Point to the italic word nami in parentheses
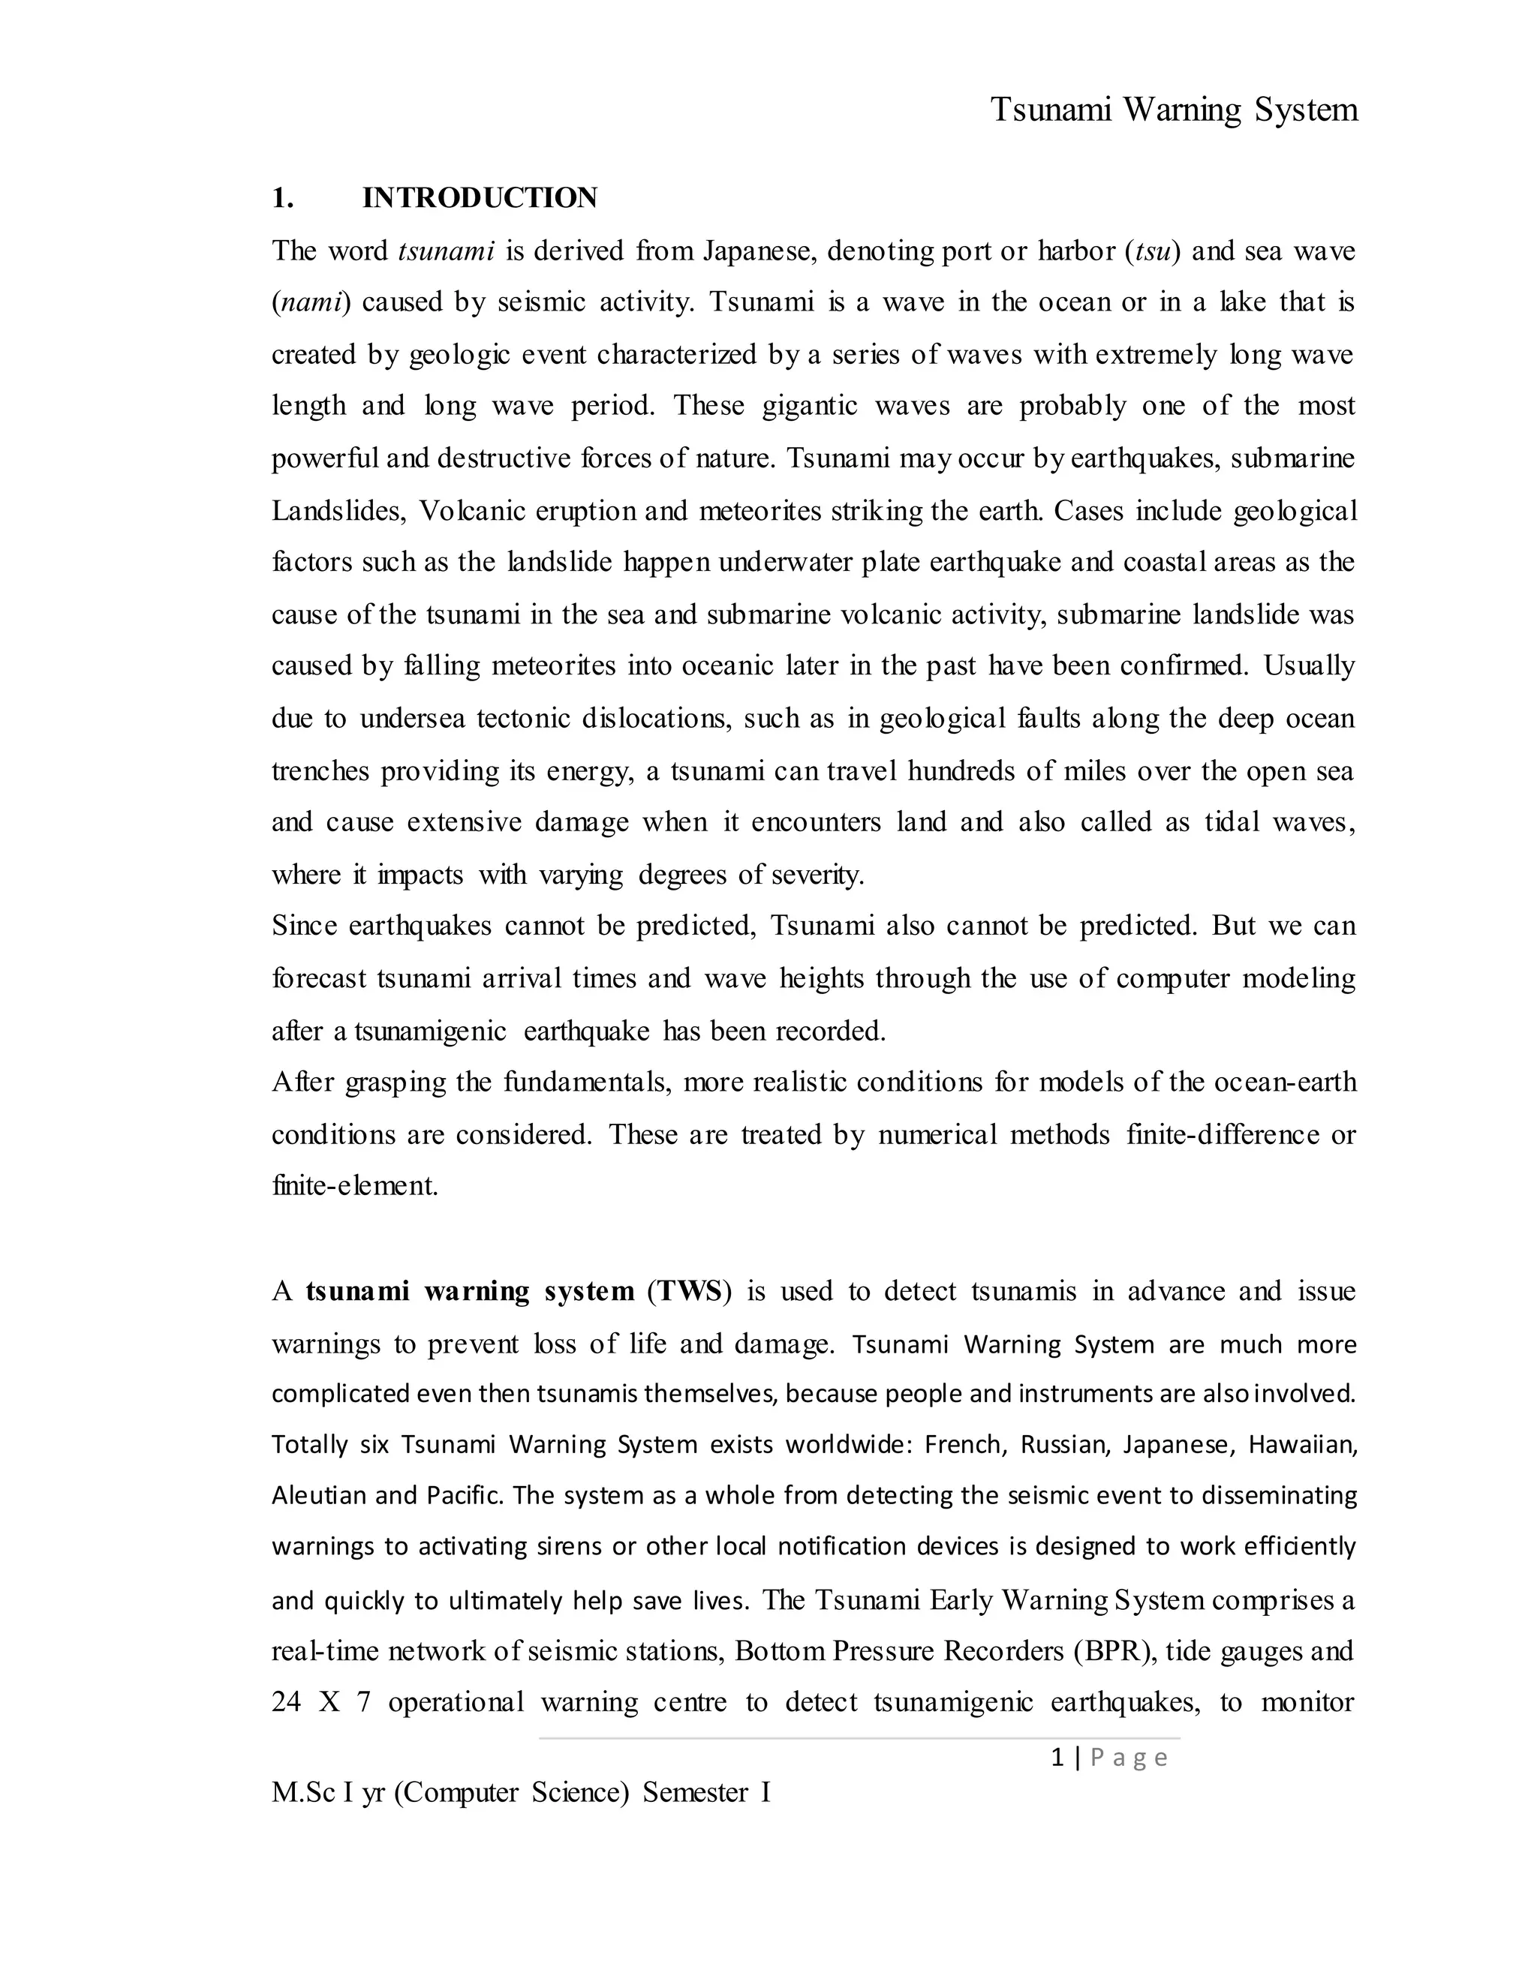(311, 302)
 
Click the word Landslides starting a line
(337, 511)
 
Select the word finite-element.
(355, 1187)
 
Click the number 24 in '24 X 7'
(286, 1702)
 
